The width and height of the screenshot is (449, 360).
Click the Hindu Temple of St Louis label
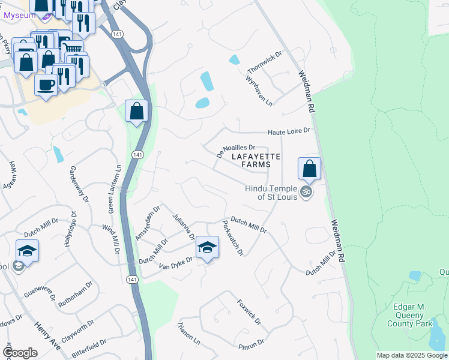pyautogui.click(x=271, y=193)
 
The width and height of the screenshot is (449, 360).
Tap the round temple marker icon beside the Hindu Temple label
pyautogui.click(x=306, y=192)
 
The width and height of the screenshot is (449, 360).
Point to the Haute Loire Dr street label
pyautogui.click(x=288, y=131)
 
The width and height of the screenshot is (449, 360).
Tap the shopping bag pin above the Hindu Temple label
pyautogui.click(x=309, y=168)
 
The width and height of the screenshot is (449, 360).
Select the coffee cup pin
pyautogui.click(x=46, y=85)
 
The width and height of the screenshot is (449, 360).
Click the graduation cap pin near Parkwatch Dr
pyautogui.click(x=207, y=247)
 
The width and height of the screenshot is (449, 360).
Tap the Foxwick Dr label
pyautogui.click(x=249, y=312)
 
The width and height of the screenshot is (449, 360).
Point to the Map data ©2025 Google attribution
pyautogui.click(x=412, y=355)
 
